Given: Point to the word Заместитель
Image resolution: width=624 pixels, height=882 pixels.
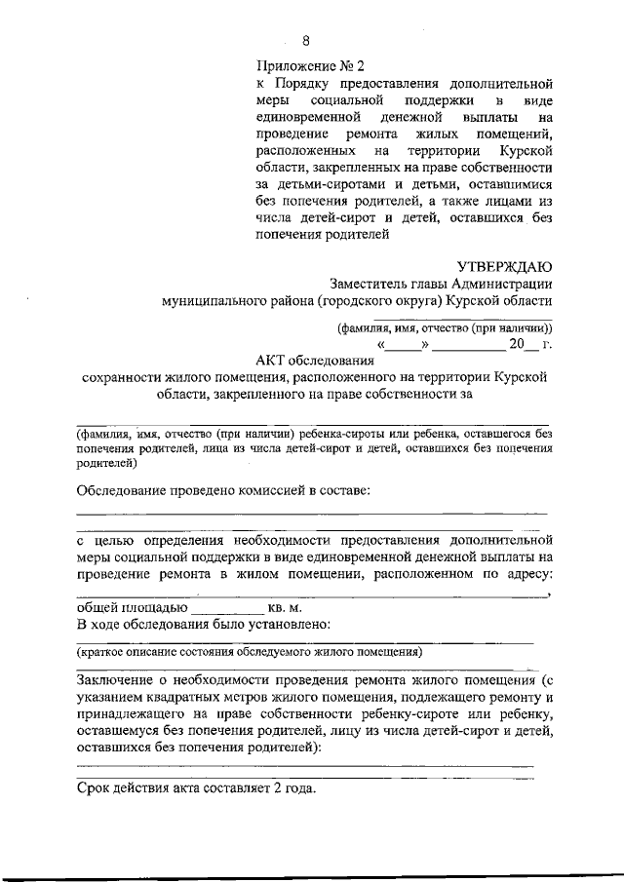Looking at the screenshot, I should (x=367, y=285).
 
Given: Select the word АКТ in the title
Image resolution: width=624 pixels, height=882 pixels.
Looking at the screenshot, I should (x=263, y=361).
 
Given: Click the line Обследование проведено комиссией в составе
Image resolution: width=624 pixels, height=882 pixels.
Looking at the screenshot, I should (x=223, y=489).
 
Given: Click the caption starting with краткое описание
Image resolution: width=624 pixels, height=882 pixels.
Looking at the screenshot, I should (x=250, y=651).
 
